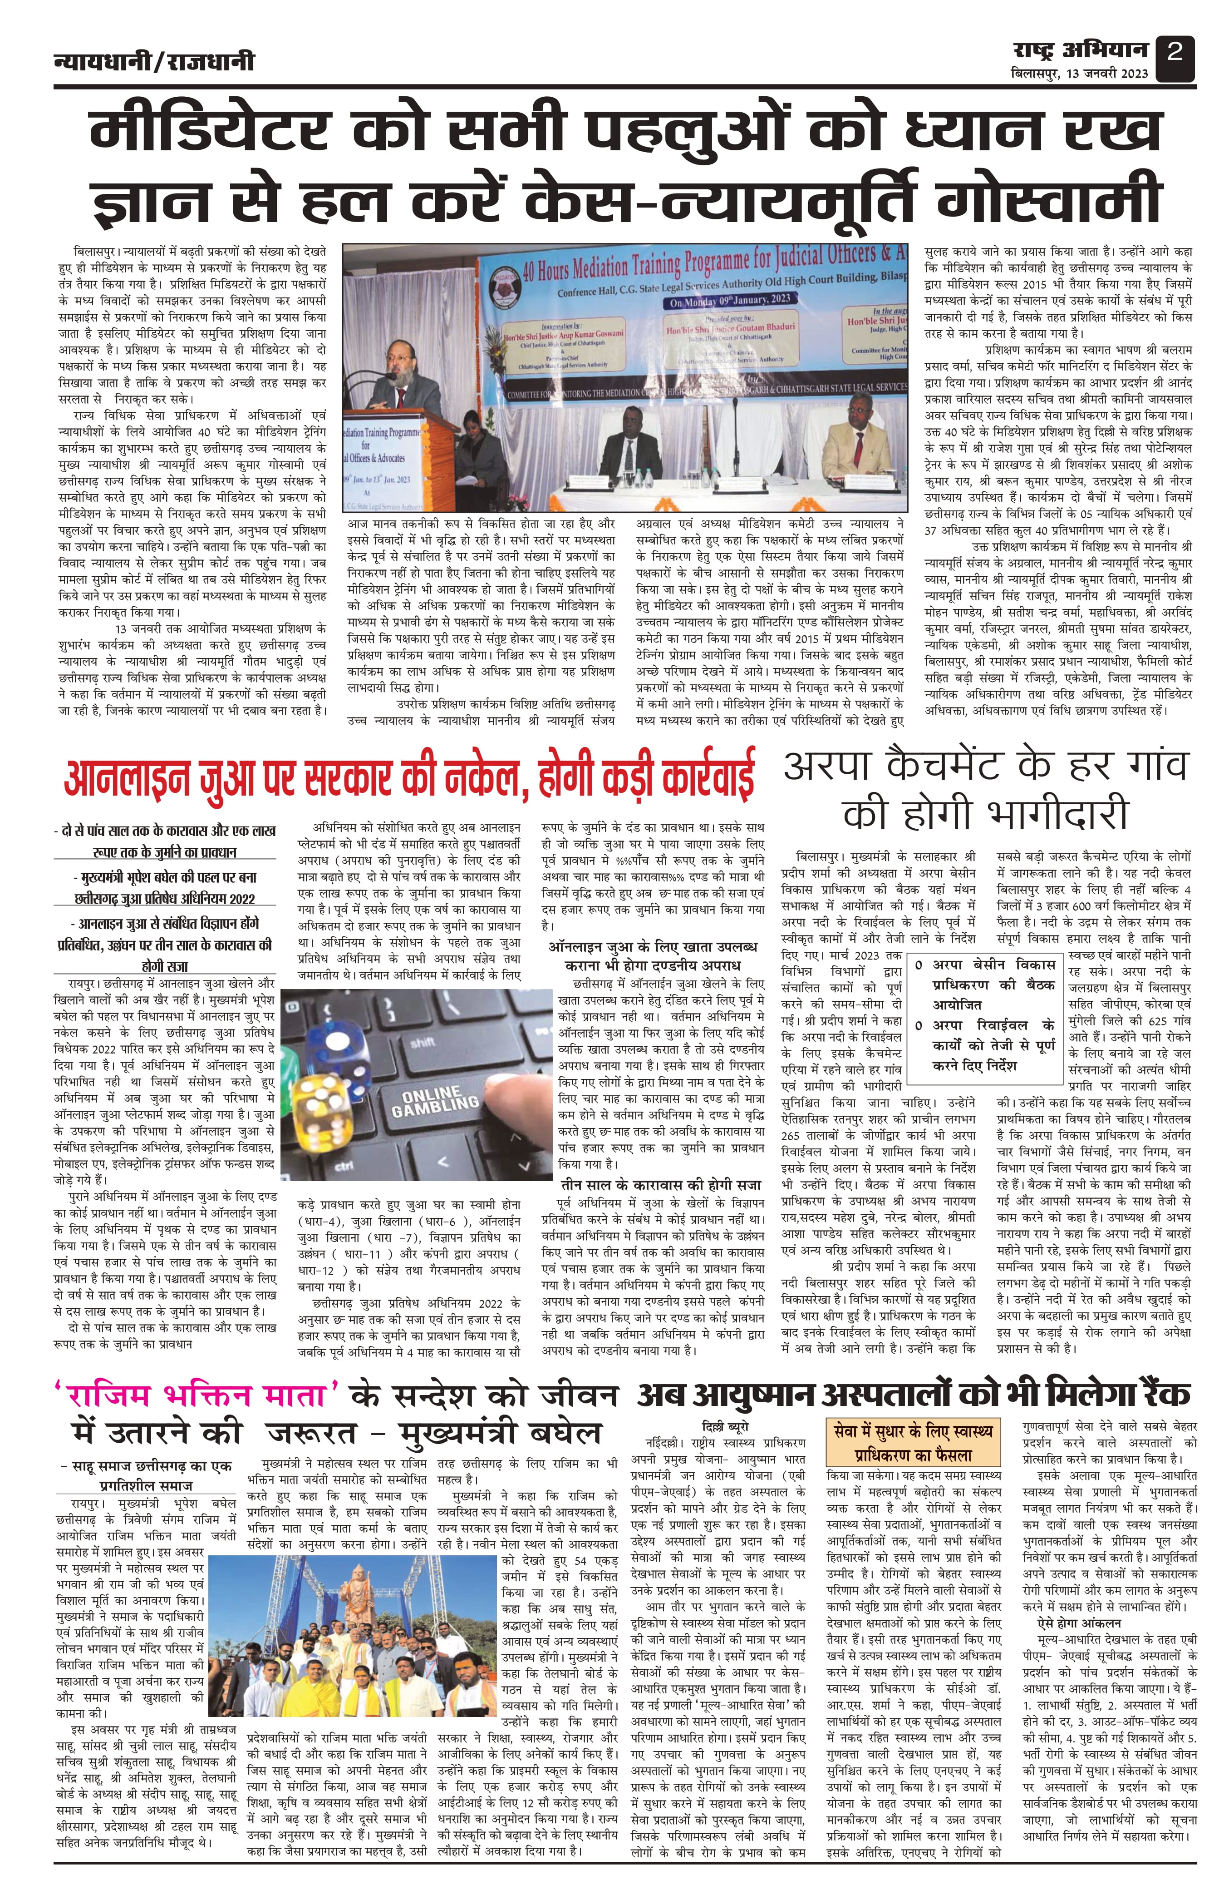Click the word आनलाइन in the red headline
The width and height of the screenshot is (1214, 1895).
pyautogui.click(x=126, y=780)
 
